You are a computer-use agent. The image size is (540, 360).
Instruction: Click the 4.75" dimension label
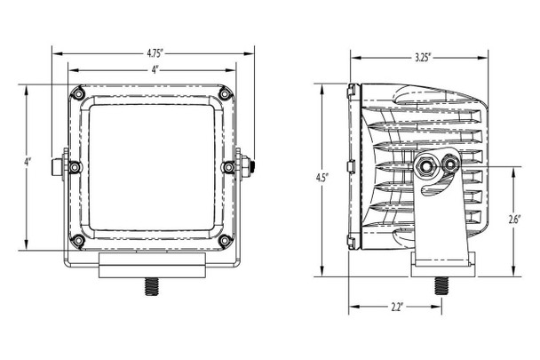pos(154,53)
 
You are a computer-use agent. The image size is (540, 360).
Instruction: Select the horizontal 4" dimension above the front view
pos(154,69)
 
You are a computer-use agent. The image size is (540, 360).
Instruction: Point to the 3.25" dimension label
pos(423,58)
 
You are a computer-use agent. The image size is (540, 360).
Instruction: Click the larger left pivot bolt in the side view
pos(427,164)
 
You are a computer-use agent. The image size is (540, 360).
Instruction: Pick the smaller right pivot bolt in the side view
pos(451,165)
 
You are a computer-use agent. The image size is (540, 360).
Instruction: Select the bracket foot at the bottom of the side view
pos(441,260)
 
